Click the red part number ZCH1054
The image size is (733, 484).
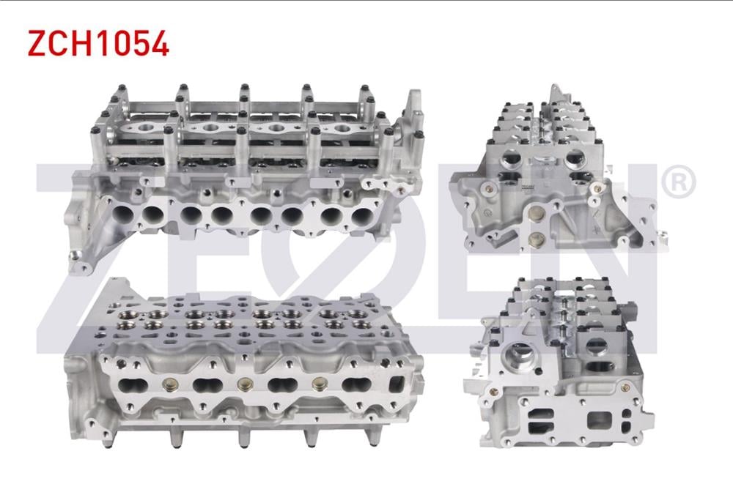pyautogui.click(x=98, y=45)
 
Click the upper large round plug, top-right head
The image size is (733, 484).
pyautogui.click(x=537, y=212)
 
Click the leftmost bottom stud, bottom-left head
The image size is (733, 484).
pyautogui.click(x=108, y=437)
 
